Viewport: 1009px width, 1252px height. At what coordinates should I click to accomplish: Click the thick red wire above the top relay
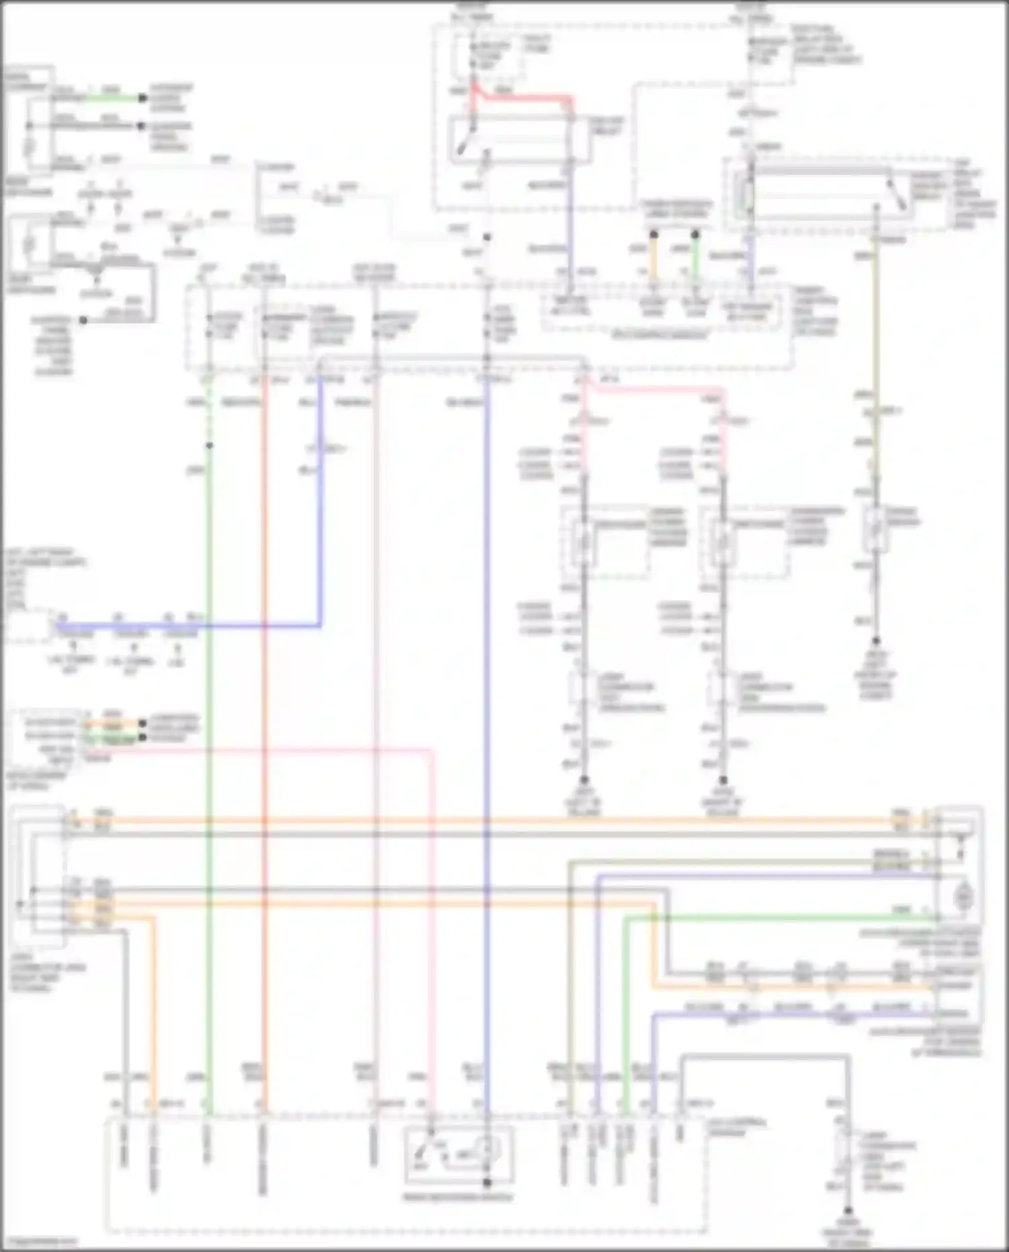pos(525,98)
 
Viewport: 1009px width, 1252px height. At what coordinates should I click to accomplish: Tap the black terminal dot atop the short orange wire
pos(653,235)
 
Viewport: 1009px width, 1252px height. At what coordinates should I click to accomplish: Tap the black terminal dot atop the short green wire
pos(696,235)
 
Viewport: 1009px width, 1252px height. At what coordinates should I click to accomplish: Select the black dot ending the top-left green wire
pos(143,98)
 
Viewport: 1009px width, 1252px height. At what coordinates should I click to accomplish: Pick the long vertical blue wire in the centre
pos(487,673)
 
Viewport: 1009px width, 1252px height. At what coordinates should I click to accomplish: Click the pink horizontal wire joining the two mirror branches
pos(652,389)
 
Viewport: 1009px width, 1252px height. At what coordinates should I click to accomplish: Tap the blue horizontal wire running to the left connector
pos(202,626)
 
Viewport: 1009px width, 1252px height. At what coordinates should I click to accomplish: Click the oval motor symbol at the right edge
pos(964,897)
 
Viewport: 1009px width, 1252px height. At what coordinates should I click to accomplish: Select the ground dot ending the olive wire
pos(876,641)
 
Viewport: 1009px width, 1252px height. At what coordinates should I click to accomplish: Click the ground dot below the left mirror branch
pos(584,780)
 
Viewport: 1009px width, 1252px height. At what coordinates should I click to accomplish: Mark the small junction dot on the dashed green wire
pos(209,445)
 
